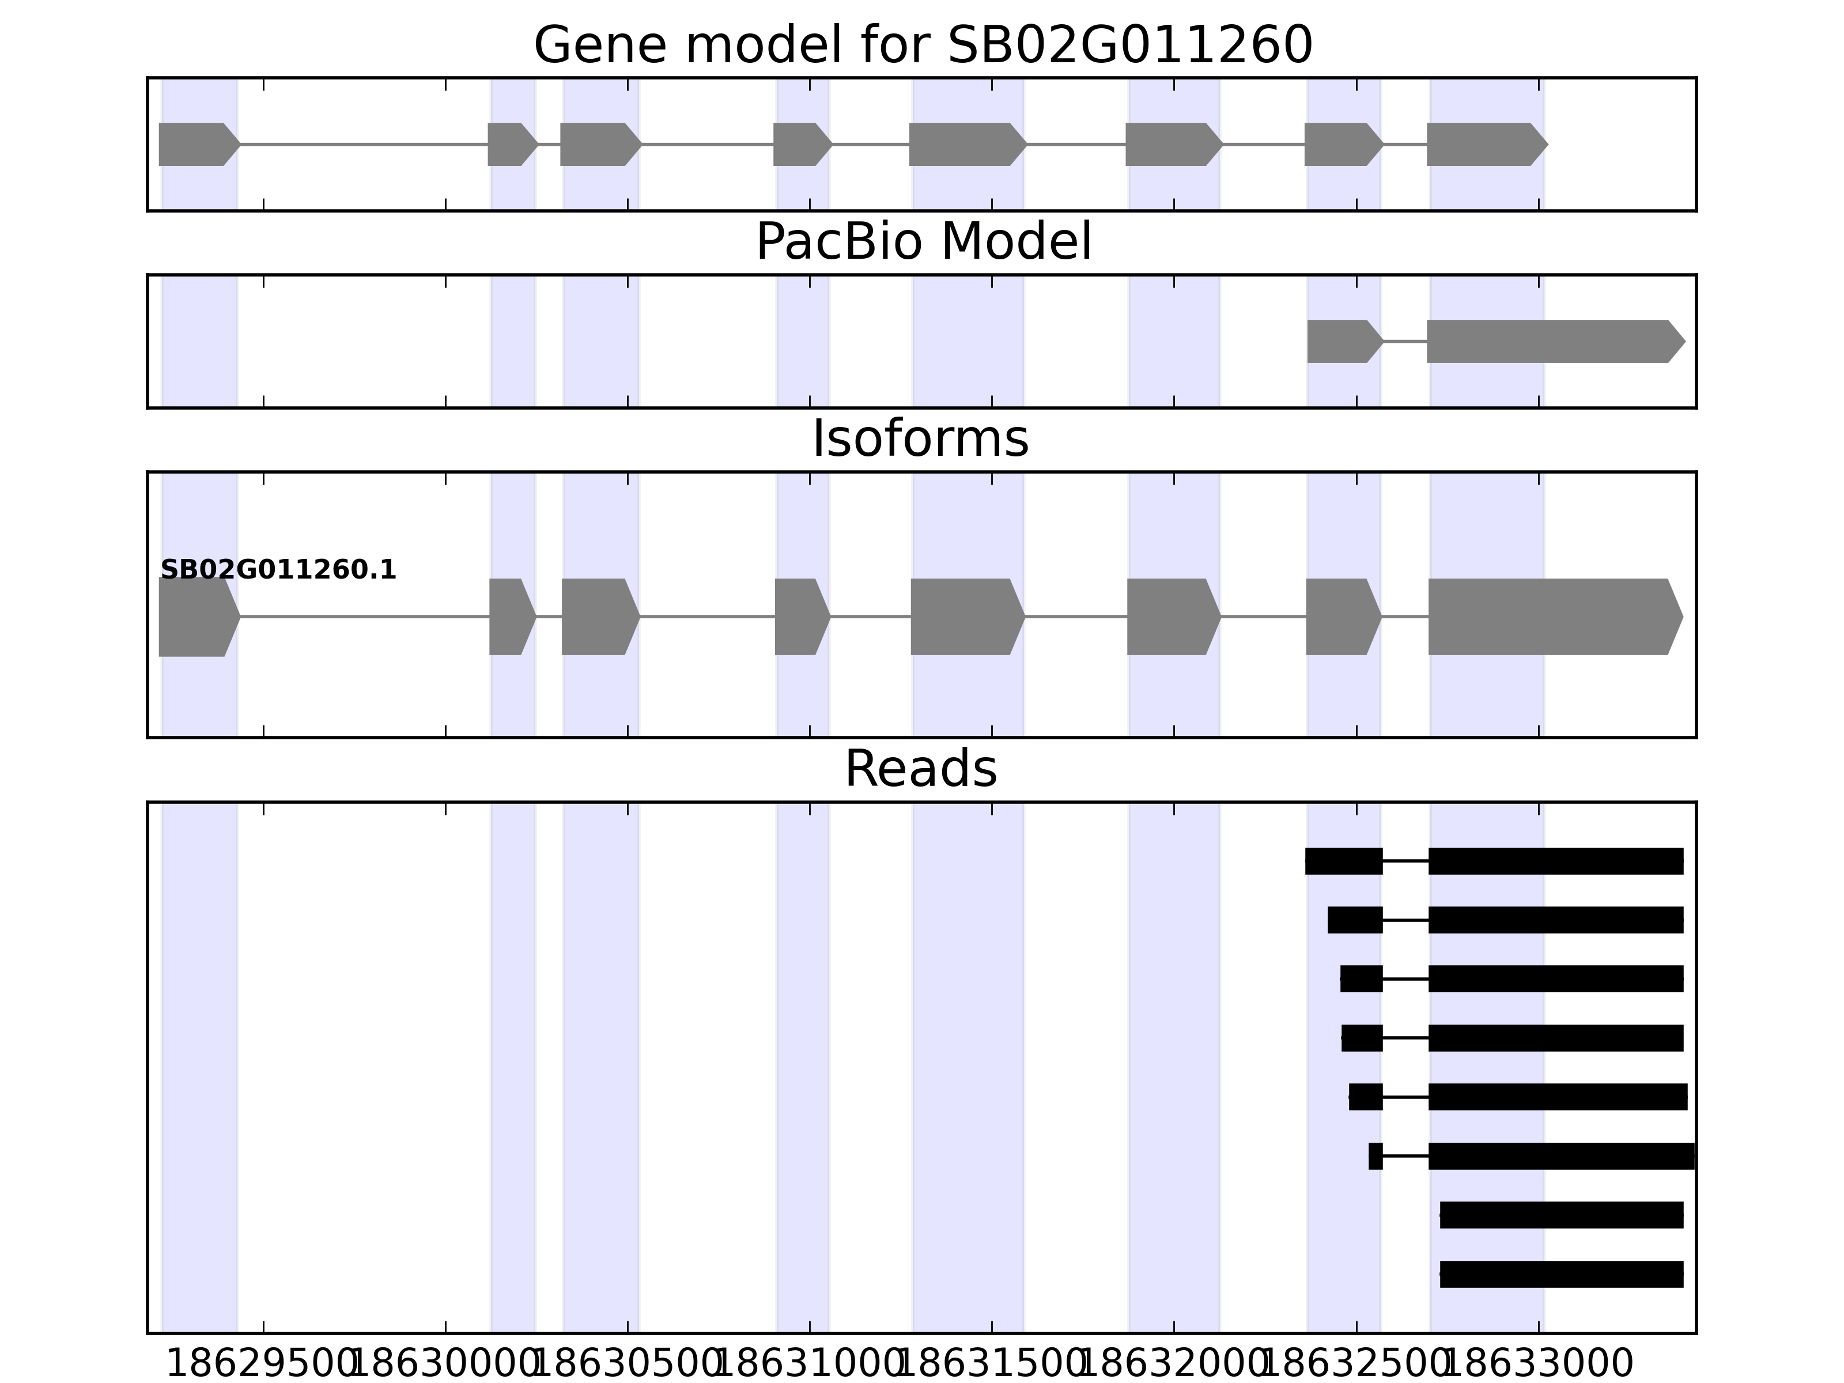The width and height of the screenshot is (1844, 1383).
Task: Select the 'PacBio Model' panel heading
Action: pos(923,243)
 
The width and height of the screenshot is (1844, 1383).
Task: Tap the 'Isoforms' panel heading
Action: pos(920,439)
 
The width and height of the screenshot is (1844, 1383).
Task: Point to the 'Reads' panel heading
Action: pos(920,769)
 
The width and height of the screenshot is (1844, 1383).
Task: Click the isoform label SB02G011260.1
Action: pos(278,570)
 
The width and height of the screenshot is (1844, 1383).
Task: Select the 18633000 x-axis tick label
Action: pos(1538,1365)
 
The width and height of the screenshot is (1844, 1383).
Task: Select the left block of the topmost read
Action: pos(1343,861)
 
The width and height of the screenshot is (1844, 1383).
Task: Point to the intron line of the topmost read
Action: pos(1405,861)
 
